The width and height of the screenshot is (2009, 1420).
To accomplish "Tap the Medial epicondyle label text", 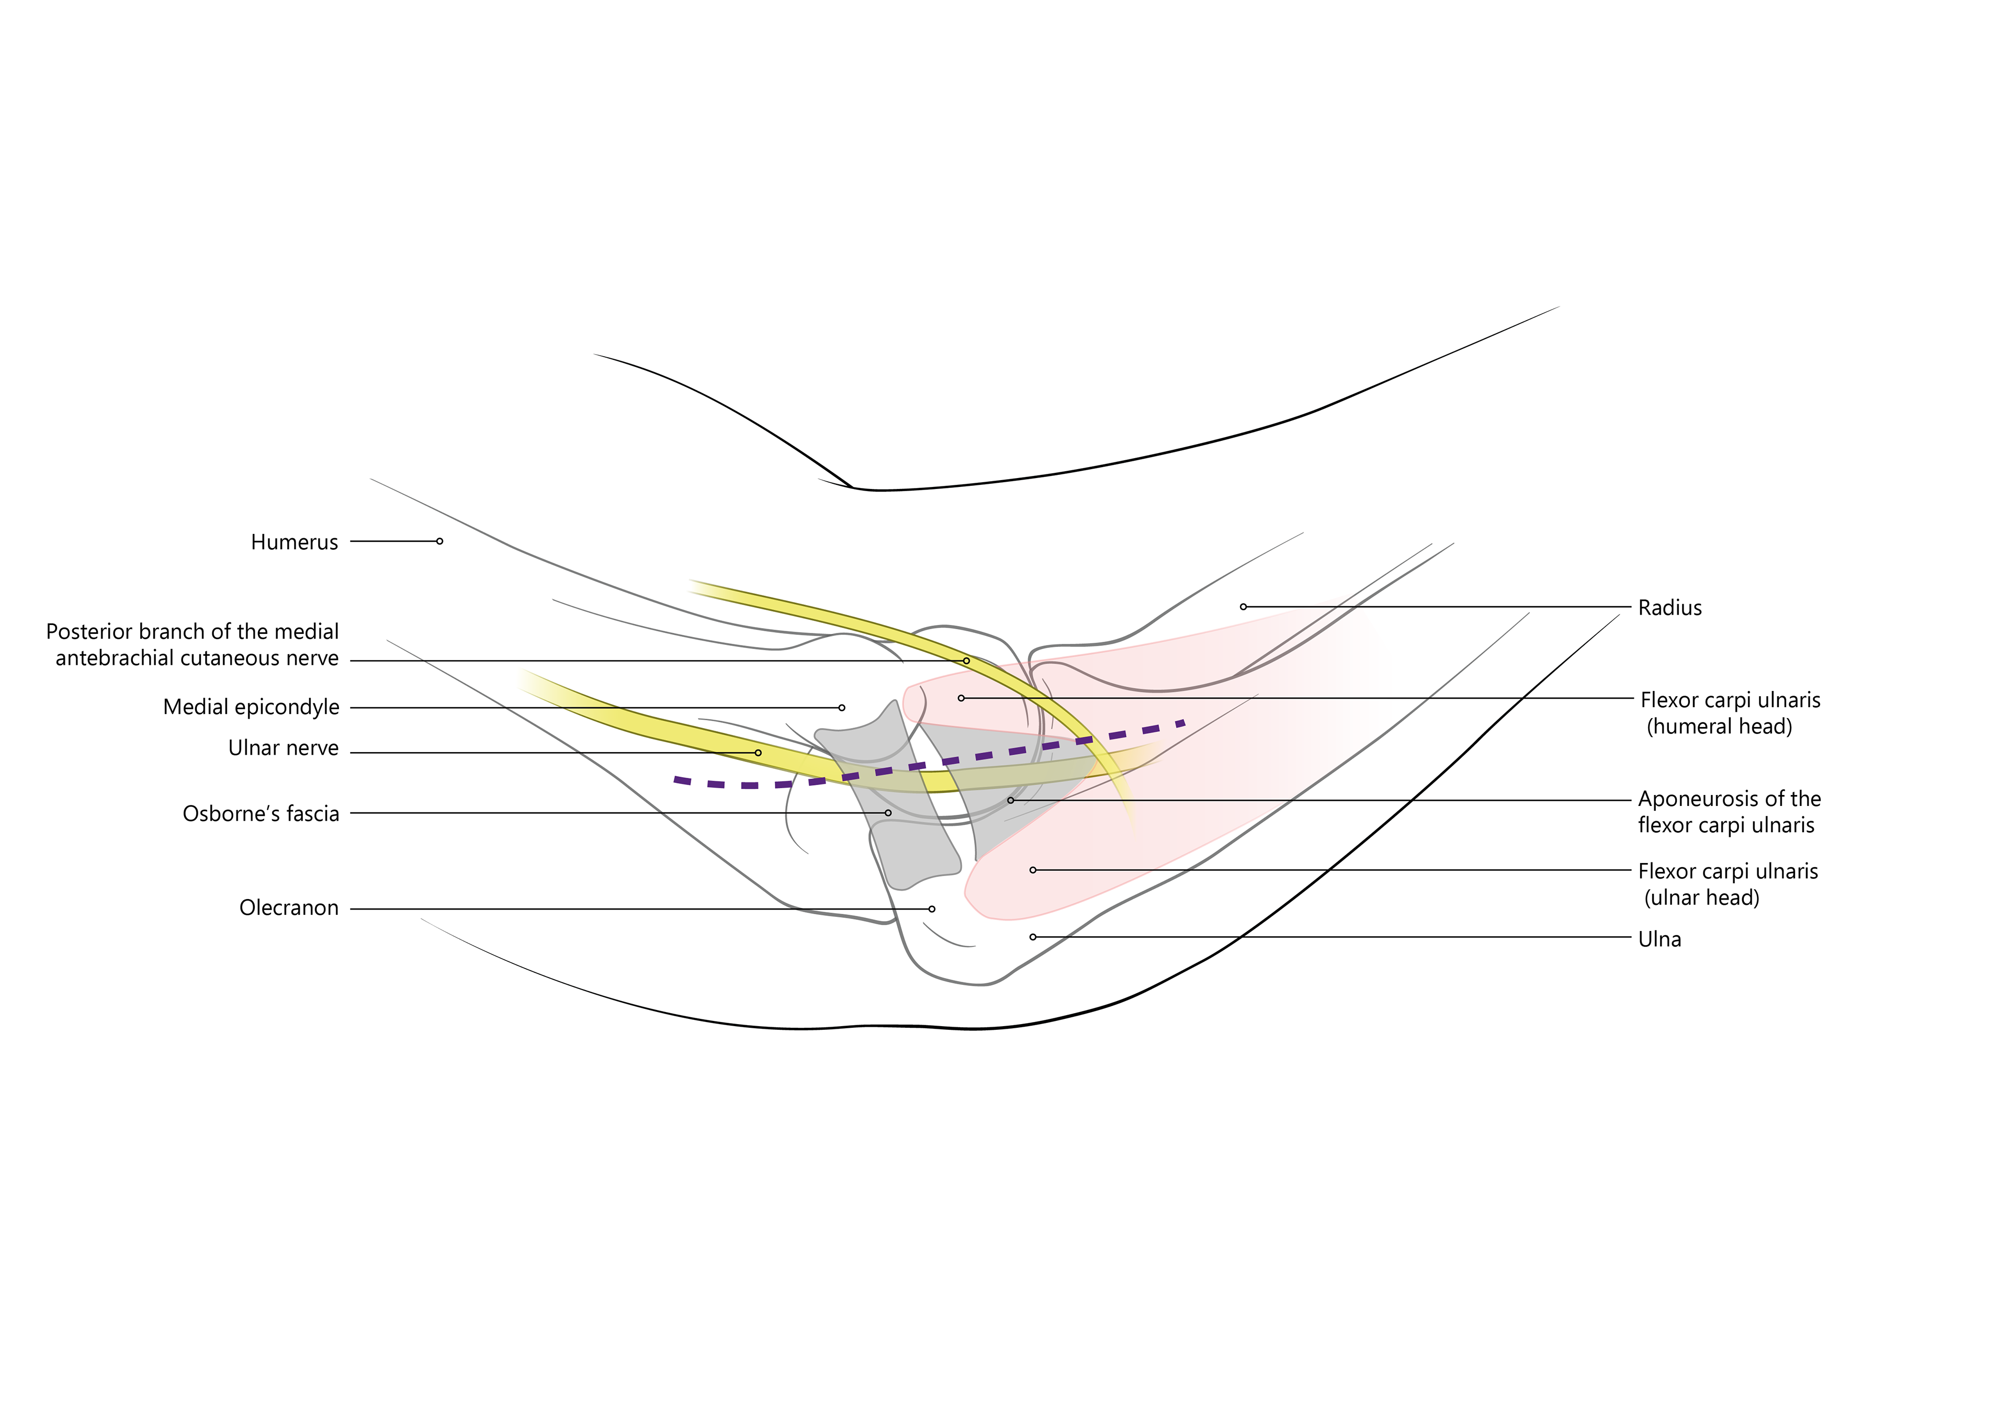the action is [251, 707].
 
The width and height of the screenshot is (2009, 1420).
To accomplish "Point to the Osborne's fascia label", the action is [261, 814].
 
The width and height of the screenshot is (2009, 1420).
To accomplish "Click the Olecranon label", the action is [289, 908].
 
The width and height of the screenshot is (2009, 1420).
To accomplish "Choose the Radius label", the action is [1669, 608].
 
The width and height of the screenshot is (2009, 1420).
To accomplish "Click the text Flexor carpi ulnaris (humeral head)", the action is [1729, 713].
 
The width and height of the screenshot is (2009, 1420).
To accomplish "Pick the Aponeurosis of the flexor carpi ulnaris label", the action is [1729, 812].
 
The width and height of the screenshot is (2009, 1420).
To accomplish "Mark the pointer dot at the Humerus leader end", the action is [439, 541].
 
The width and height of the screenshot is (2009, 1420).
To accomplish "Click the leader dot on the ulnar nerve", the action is [758, 753].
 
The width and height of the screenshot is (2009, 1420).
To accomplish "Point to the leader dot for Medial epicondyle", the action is [842, 708].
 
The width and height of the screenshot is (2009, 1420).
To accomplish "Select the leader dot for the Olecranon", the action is [932, 909].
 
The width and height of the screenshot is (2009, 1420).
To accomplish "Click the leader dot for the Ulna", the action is [1033, 937].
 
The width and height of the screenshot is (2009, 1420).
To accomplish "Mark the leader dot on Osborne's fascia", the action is [888, 813].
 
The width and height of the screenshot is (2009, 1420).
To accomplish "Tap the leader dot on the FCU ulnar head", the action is [1033, 870].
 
